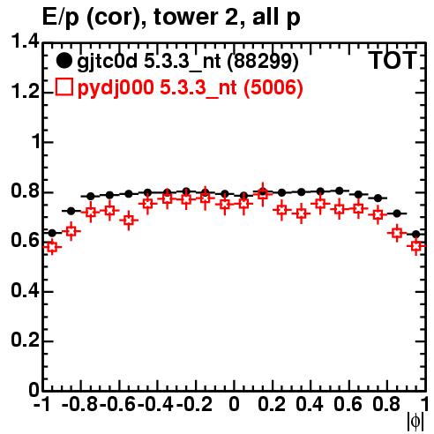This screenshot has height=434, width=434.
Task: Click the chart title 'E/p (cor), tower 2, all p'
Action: (171, 18)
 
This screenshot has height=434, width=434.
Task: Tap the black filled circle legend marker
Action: (64, 61)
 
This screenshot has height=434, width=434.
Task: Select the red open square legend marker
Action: (64, 86)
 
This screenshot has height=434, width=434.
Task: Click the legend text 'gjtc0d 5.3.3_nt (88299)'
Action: (188, 62)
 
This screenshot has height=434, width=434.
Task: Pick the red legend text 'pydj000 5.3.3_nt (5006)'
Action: (190, 87)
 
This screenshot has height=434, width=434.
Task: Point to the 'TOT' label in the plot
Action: (393, 60)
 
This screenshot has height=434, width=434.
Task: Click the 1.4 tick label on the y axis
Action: (25, 41)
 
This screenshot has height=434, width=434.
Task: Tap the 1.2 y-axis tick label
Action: (25, 92)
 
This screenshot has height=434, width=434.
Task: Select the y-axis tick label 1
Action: (35, 142)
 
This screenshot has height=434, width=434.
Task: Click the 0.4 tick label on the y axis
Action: (25, 291)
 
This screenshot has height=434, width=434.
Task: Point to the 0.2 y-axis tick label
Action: (25, 340)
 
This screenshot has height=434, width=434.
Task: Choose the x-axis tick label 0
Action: (234, 404)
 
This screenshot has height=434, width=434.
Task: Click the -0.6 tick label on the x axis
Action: (118, 404)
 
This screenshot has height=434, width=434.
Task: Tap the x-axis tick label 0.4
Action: (310, 404)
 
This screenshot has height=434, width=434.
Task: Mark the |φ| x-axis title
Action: (415, 422)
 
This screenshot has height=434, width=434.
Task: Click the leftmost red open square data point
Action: (52, 247)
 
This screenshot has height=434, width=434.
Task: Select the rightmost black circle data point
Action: (415, 235)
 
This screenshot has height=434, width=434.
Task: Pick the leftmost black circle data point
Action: (52, 233)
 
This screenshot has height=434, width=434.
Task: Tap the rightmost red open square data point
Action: (416, 246)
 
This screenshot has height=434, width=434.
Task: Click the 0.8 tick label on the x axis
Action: (386, 404)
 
